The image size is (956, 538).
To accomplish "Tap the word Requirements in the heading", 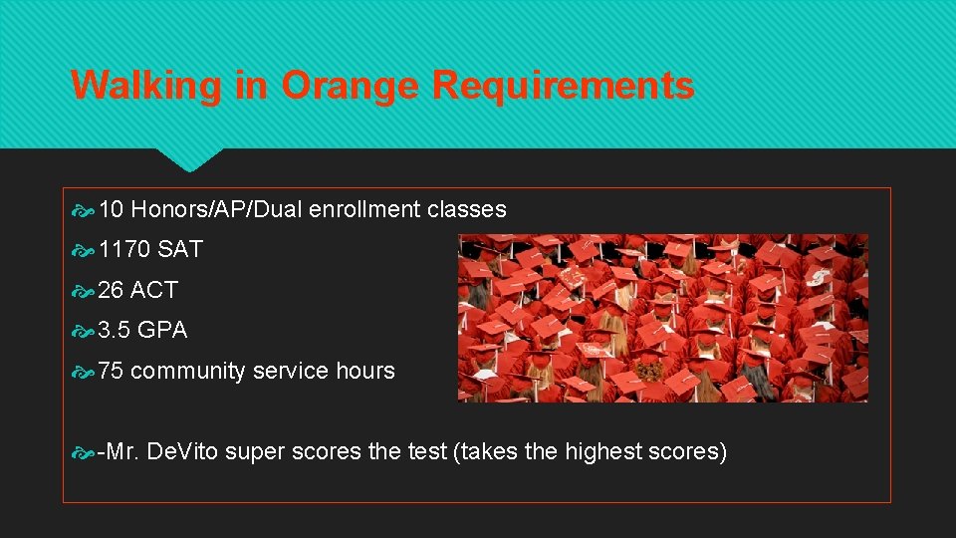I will click(563, 86).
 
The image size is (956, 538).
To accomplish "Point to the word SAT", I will click(180, 250).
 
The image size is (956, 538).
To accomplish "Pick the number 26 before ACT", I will click(112, 290).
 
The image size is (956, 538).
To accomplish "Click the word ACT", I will click(154, 290).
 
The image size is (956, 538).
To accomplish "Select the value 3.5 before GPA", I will click(115, 331).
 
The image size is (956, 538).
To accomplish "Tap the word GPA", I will click(162, 331).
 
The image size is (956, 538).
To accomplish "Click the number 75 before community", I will click(112, 371).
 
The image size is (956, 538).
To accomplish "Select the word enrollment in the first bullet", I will click(364, 210).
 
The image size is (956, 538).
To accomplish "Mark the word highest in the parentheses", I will click(602, 452).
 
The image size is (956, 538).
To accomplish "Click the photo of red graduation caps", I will click(662, 318).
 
